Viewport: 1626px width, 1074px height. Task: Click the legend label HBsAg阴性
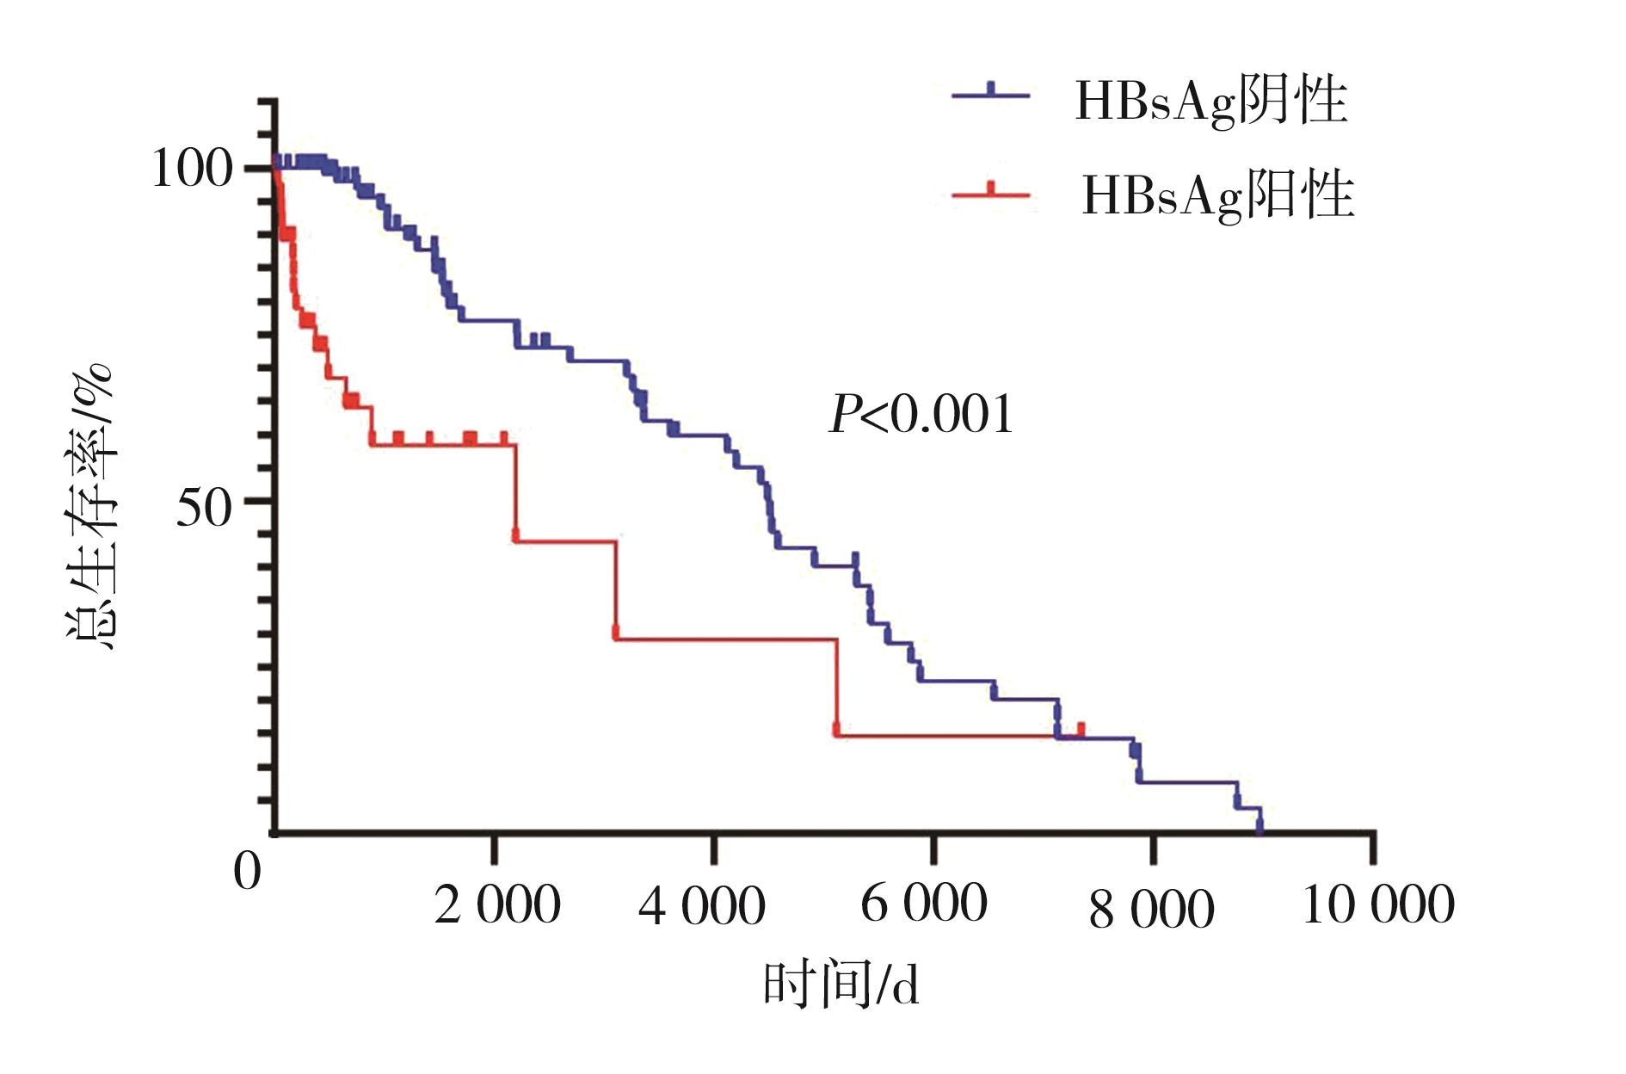click(1210, 102)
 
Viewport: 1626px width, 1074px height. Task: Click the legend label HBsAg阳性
click(1217, 195)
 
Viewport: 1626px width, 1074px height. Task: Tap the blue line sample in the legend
click(990, 94)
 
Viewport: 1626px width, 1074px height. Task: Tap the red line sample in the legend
click(990, 194)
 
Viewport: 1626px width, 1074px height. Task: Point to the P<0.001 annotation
click(921, 415)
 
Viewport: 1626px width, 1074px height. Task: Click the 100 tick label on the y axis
click(192, 168)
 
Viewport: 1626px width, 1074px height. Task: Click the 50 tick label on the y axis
click(204, 508)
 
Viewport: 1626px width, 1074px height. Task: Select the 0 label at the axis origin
click(247, 871)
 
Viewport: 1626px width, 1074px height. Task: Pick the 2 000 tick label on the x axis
click(497, 905)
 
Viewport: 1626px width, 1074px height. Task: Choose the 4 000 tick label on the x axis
click(702, 905)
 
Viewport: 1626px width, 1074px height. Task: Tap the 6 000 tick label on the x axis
click(924, 904)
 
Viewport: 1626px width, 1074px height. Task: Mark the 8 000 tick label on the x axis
click(1151, 909)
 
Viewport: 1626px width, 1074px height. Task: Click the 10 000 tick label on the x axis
click(1378, 905)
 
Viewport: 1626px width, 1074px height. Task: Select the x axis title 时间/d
click(841, 985)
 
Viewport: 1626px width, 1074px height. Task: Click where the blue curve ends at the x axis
click(1260, 830)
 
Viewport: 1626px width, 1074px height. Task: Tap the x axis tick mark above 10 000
click(1372, 848)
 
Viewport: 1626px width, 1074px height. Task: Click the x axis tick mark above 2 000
click(494, 848)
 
